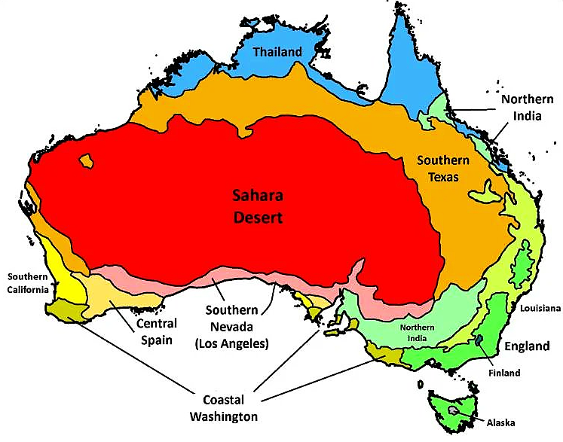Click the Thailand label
click(277, 52)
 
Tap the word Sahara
click(257, 197)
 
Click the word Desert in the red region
click(257, 218)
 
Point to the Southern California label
click(28, 282)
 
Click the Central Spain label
click(157, 331)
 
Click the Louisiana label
click(537, 309)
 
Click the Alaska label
click(500, 422)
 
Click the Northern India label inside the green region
click(418, 332)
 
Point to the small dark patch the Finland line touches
click(479, 342)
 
